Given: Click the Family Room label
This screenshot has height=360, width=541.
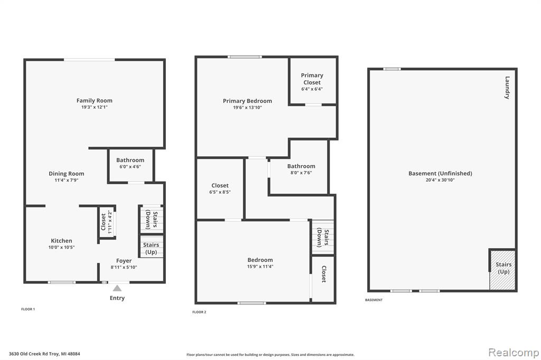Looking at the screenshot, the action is (94, 101).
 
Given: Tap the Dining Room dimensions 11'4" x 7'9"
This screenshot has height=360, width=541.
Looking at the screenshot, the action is (66, 180).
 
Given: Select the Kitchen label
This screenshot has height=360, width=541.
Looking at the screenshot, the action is (61, 241).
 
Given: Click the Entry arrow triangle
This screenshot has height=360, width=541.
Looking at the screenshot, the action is (117, 288).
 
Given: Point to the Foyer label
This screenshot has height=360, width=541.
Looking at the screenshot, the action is (124, 261).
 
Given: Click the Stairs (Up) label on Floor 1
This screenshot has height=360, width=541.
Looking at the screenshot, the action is (151, 248).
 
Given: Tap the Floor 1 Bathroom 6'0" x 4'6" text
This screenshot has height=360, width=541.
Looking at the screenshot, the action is (130, 167).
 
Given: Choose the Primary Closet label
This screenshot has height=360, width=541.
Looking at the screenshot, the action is (312, 79).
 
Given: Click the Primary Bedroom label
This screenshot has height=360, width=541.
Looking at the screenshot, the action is (247, 101).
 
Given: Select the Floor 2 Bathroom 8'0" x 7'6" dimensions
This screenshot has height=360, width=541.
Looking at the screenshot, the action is (301, 173).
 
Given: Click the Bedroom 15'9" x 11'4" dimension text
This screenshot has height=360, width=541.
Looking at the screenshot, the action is (260, 266).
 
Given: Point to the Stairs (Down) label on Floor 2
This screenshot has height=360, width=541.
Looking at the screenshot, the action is (323, 238).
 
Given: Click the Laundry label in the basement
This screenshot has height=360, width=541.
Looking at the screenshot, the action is (507, 88).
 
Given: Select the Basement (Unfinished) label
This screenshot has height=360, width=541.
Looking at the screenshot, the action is (440, 174).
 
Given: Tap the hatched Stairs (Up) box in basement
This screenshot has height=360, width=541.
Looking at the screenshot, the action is (503, 270).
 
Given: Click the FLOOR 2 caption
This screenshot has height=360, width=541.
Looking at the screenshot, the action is (199, 312).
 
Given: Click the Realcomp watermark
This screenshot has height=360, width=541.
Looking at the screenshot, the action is (514, 353).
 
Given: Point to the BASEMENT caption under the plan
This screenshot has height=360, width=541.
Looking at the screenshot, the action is (374, 300).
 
